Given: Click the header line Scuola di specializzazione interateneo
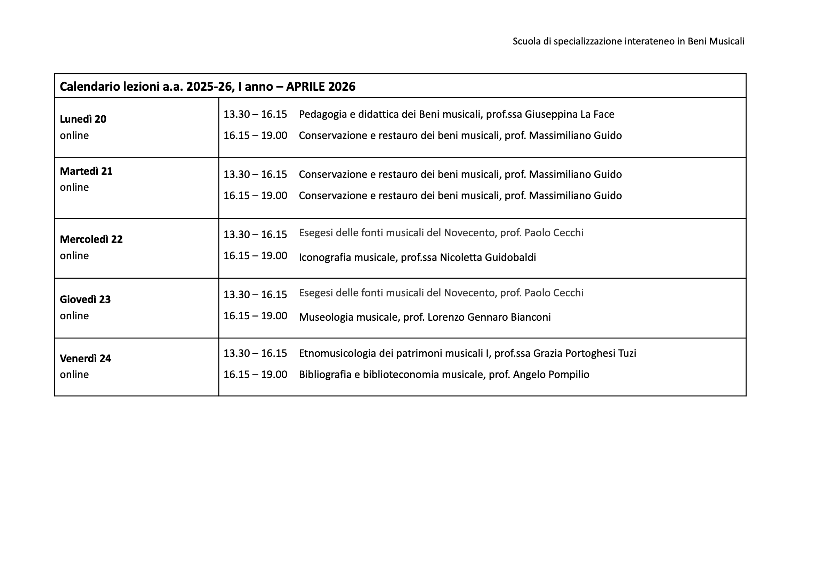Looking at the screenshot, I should point(628,41).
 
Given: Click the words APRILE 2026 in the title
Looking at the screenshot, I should point(320,87).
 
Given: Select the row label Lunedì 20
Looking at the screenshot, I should point(83,119).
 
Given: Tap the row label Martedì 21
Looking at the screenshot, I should point(86,171).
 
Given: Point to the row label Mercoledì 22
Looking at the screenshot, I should point(91,239).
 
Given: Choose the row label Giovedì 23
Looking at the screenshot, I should point(85,299).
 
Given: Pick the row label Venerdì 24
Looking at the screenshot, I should point(86,358).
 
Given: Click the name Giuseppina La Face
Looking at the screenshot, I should point(569,114).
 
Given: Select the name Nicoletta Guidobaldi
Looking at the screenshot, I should point(488,257).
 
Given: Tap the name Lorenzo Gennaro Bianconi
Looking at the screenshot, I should point(489,317).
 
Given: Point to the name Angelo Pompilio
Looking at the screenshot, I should point(551,375).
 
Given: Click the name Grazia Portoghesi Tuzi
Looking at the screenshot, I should point(585,353).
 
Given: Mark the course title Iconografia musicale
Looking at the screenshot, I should point(347,257).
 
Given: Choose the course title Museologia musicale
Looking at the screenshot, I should point(349,317).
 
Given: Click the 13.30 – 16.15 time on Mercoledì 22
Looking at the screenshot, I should point(255,235).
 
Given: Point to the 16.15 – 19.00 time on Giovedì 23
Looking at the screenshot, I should point(255,316).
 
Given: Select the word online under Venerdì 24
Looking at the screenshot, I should point(74,375).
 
